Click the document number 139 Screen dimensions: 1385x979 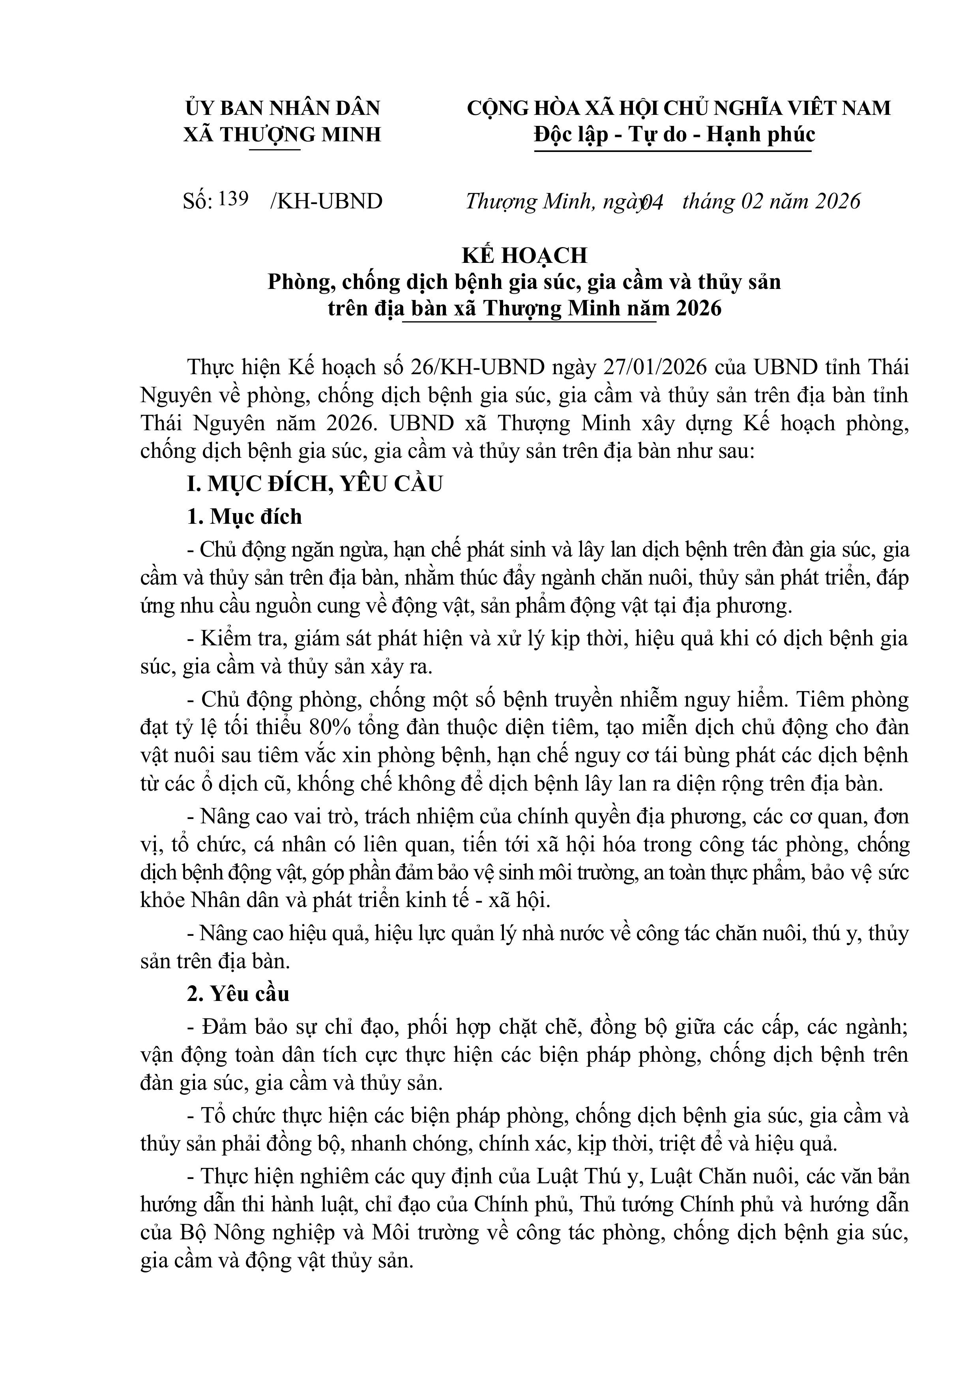tap(234, 199)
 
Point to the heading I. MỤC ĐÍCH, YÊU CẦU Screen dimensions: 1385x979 tap(315, 484)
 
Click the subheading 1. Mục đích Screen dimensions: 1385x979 tap(244, 516)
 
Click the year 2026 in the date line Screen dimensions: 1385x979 tap(837, 201)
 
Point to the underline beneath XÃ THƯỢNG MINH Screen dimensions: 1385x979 tap(275, 149)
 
